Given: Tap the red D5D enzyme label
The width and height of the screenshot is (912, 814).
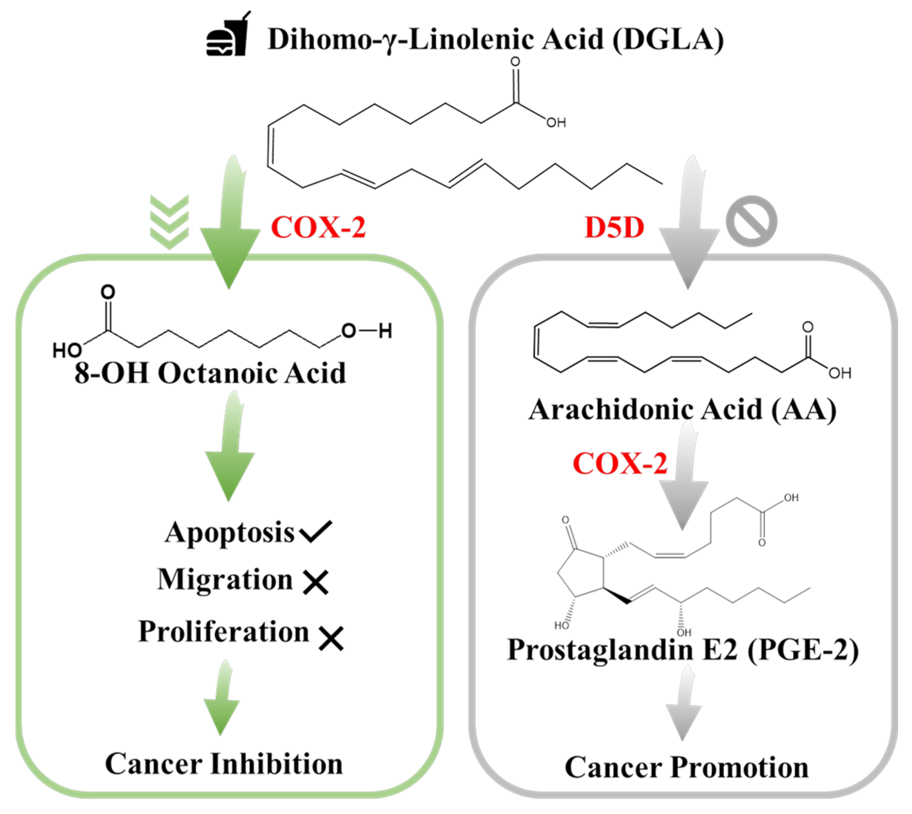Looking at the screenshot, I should click(x=614, y=228).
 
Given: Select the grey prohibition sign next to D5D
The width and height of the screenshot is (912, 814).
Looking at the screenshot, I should click(x=752, y=221).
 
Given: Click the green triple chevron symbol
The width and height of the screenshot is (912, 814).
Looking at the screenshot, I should click(x=169, y=222).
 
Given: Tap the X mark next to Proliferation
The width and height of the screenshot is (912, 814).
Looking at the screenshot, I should click(x=331, y=638).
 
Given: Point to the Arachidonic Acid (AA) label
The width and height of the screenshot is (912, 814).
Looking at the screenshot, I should click(x=682, y=409).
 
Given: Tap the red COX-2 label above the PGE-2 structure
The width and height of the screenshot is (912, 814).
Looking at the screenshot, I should click(x=620, y=463).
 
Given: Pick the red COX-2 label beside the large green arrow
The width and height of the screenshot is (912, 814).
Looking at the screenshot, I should click(x=319, y=228).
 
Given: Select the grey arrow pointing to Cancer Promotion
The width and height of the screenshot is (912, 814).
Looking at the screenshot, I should click(x=683, y=707).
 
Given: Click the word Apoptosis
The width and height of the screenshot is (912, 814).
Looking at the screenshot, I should click(x=229, y=532).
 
